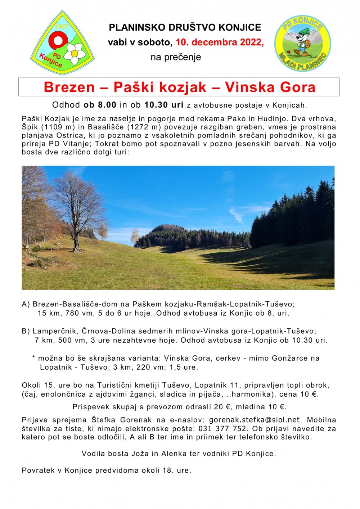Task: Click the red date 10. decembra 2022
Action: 219,42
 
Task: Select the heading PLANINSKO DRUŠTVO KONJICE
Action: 185,27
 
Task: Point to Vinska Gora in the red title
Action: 270,87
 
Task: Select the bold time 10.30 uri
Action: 164,105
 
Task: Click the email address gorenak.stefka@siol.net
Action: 255,420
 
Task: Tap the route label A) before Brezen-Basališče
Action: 26,304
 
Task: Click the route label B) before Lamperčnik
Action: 26,331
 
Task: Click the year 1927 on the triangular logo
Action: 62,27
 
